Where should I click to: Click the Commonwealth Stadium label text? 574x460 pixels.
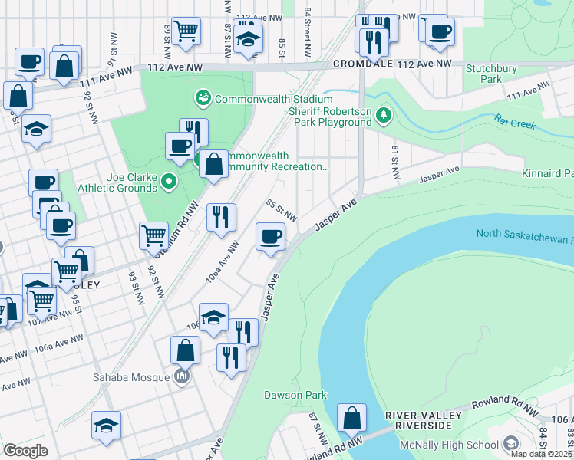coord(273,99)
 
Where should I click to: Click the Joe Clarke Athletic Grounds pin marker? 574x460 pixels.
coord(169,182)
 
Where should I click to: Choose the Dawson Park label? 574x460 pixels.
coord(295,396)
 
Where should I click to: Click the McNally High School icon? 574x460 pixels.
coord(510,445)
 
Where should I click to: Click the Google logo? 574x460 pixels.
coord(26,450)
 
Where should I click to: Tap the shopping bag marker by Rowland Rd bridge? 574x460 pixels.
coord(351,419)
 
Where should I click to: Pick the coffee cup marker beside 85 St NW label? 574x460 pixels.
coord(269,236)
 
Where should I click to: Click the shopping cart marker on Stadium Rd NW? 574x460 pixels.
coord(153,235)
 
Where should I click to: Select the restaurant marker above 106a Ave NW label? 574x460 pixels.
coord(221,218)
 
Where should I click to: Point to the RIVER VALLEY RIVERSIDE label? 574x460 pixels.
coord(424,421)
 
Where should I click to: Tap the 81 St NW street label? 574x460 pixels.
coord(396,163)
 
